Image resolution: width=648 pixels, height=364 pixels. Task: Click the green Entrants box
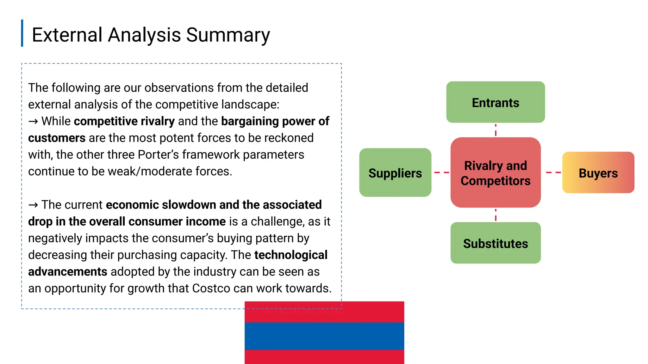tap(495, 102)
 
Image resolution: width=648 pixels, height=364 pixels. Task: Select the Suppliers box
tap(395, 173)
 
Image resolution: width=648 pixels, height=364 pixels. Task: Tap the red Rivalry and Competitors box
tap(495, 173)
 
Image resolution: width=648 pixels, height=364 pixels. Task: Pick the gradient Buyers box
tap(598, 173)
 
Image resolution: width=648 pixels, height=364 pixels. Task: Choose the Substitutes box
tap(495, 243)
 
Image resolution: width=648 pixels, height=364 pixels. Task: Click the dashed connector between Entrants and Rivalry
tap(495, 130)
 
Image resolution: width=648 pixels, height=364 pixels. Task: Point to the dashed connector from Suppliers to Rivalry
tap(441, 173)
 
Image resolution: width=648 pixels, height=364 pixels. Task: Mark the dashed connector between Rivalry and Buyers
tap(553, 173)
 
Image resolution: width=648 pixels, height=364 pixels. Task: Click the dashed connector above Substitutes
tap(495, 215)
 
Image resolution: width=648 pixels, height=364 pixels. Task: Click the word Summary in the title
tap(228, 35)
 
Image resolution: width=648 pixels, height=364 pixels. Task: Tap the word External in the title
tap(67, 35)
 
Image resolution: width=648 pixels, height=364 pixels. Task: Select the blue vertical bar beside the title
tap(22, 33)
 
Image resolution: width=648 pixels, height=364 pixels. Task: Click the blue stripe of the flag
tap(324, 336)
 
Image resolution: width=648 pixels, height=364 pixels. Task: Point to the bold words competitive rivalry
tap(124, 121)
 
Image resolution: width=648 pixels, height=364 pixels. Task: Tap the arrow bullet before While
tap(33, 121)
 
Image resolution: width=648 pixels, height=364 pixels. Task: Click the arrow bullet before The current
tap(33, 205)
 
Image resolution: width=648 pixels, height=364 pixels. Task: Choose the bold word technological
tap(290, 255)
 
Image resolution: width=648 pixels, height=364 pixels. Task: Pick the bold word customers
tap(57, 138)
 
